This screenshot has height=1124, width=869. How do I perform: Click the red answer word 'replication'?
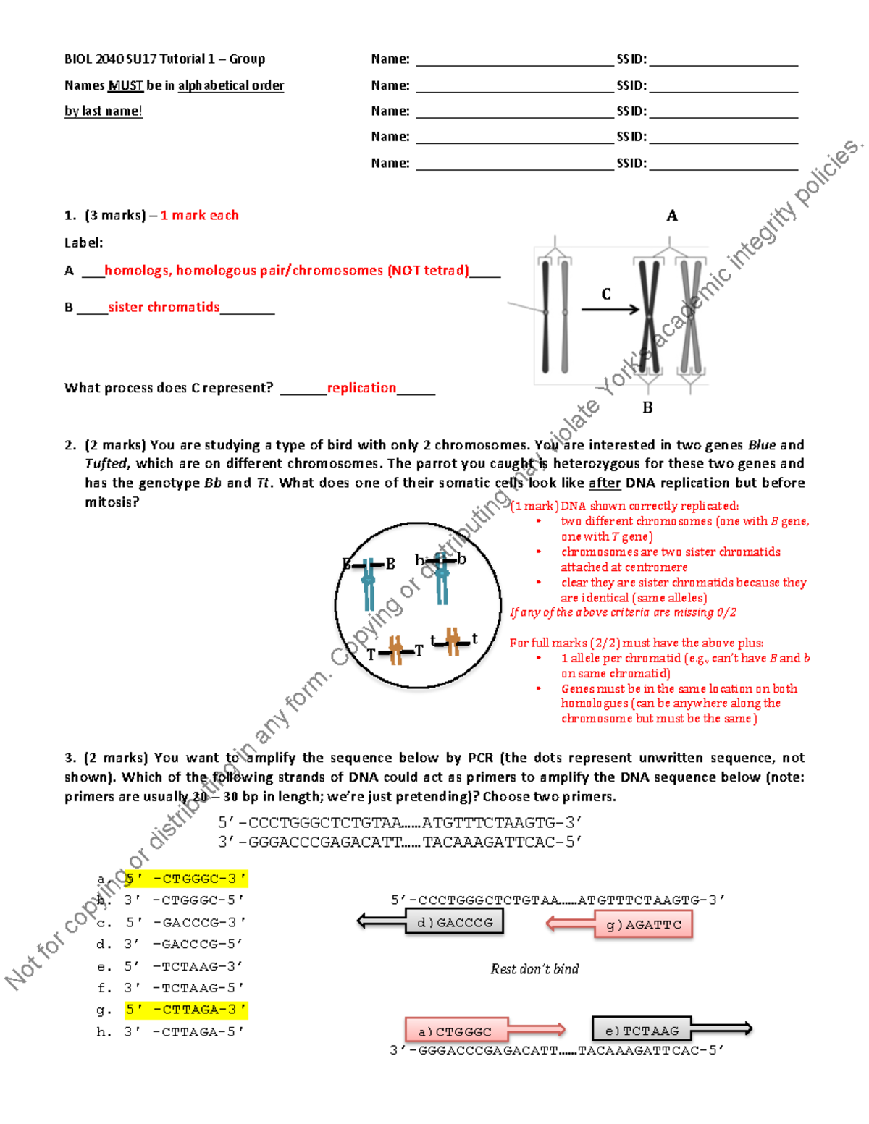tap(361, 388)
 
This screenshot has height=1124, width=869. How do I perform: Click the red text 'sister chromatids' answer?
tap(164, 307)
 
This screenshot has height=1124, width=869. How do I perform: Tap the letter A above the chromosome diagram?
tap(672, 216)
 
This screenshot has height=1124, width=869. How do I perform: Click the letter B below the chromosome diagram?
tap(647, 407)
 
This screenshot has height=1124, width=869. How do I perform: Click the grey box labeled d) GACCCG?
tap(455, 922)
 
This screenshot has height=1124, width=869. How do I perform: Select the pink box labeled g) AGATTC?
tap(643, 924)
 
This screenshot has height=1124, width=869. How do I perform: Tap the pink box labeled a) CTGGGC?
tap(456, 1031)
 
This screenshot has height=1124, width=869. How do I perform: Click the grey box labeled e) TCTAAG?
tap(641, 1030)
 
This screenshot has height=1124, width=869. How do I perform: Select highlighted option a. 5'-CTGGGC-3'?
tap(186, 879)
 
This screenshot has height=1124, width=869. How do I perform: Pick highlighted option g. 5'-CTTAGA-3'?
tap(186, 1009)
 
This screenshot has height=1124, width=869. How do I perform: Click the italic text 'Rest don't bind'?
tap(534, 969)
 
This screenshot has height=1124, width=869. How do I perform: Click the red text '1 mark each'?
tap(199, 215)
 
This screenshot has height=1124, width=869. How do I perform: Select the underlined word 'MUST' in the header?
tap(125, 85)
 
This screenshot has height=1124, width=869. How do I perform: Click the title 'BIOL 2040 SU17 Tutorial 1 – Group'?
tap(164, 59)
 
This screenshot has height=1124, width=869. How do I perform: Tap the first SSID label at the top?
tap(631, 59)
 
